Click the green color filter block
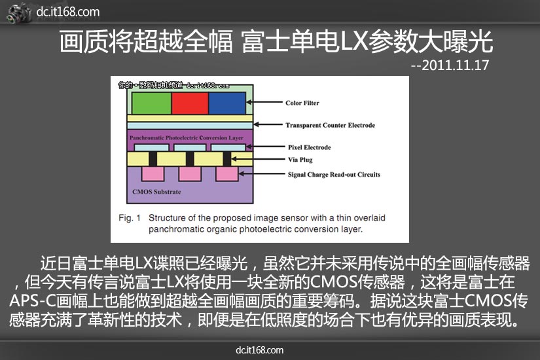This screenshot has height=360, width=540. point(152,103)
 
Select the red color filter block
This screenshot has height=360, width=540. point(190,103)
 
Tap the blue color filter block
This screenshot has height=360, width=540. point(227,103)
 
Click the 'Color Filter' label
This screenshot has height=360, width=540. point(302,103)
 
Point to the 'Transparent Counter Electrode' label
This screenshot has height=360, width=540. point(331,125)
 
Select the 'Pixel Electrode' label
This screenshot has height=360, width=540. point(310,147)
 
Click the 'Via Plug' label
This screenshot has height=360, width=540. point(300,160)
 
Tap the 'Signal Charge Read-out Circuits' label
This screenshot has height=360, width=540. point(334,175)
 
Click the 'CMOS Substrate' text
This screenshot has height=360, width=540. point(156,192)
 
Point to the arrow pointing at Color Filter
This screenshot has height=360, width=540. point(264,102)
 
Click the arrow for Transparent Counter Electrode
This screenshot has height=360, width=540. point(268,124)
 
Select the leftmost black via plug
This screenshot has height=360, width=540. point(153,159)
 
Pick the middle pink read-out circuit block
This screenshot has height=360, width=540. point(190,173)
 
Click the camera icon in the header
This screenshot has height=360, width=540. point(19,13)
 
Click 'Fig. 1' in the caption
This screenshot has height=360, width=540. point(130,218)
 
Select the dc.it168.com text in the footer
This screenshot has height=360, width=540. point(260,350)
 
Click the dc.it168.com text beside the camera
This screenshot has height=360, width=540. point(68,12)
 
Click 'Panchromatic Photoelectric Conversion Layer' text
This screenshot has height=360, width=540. point(187,138)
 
